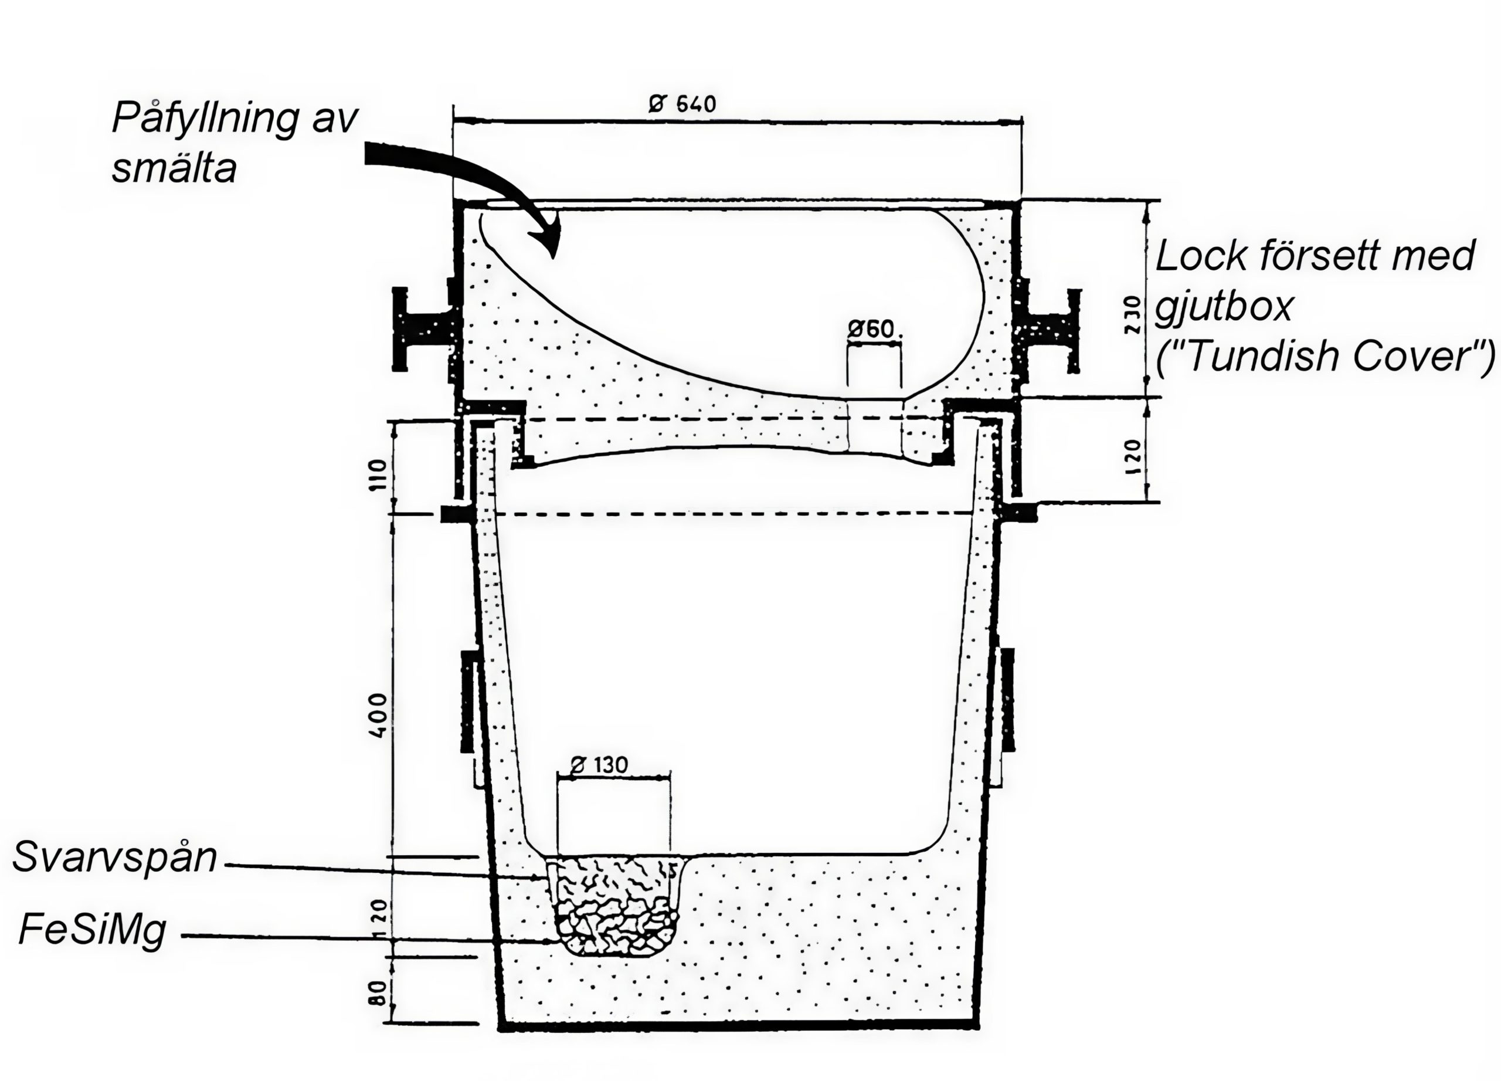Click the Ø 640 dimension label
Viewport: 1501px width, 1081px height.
click(x=682, y=104)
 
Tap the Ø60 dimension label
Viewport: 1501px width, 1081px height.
click(x=870, y=329)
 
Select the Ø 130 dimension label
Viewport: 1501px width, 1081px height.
click(x=599, y=765)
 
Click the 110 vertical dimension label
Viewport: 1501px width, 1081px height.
click(x=377, y=474)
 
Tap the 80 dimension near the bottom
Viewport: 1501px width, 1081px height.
click(x=376, y=994)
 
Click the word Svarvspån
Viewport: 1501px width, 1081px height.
click(x=114, y=858)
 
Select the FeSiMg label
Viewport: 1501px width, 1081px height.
click(x=92, y=931)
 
